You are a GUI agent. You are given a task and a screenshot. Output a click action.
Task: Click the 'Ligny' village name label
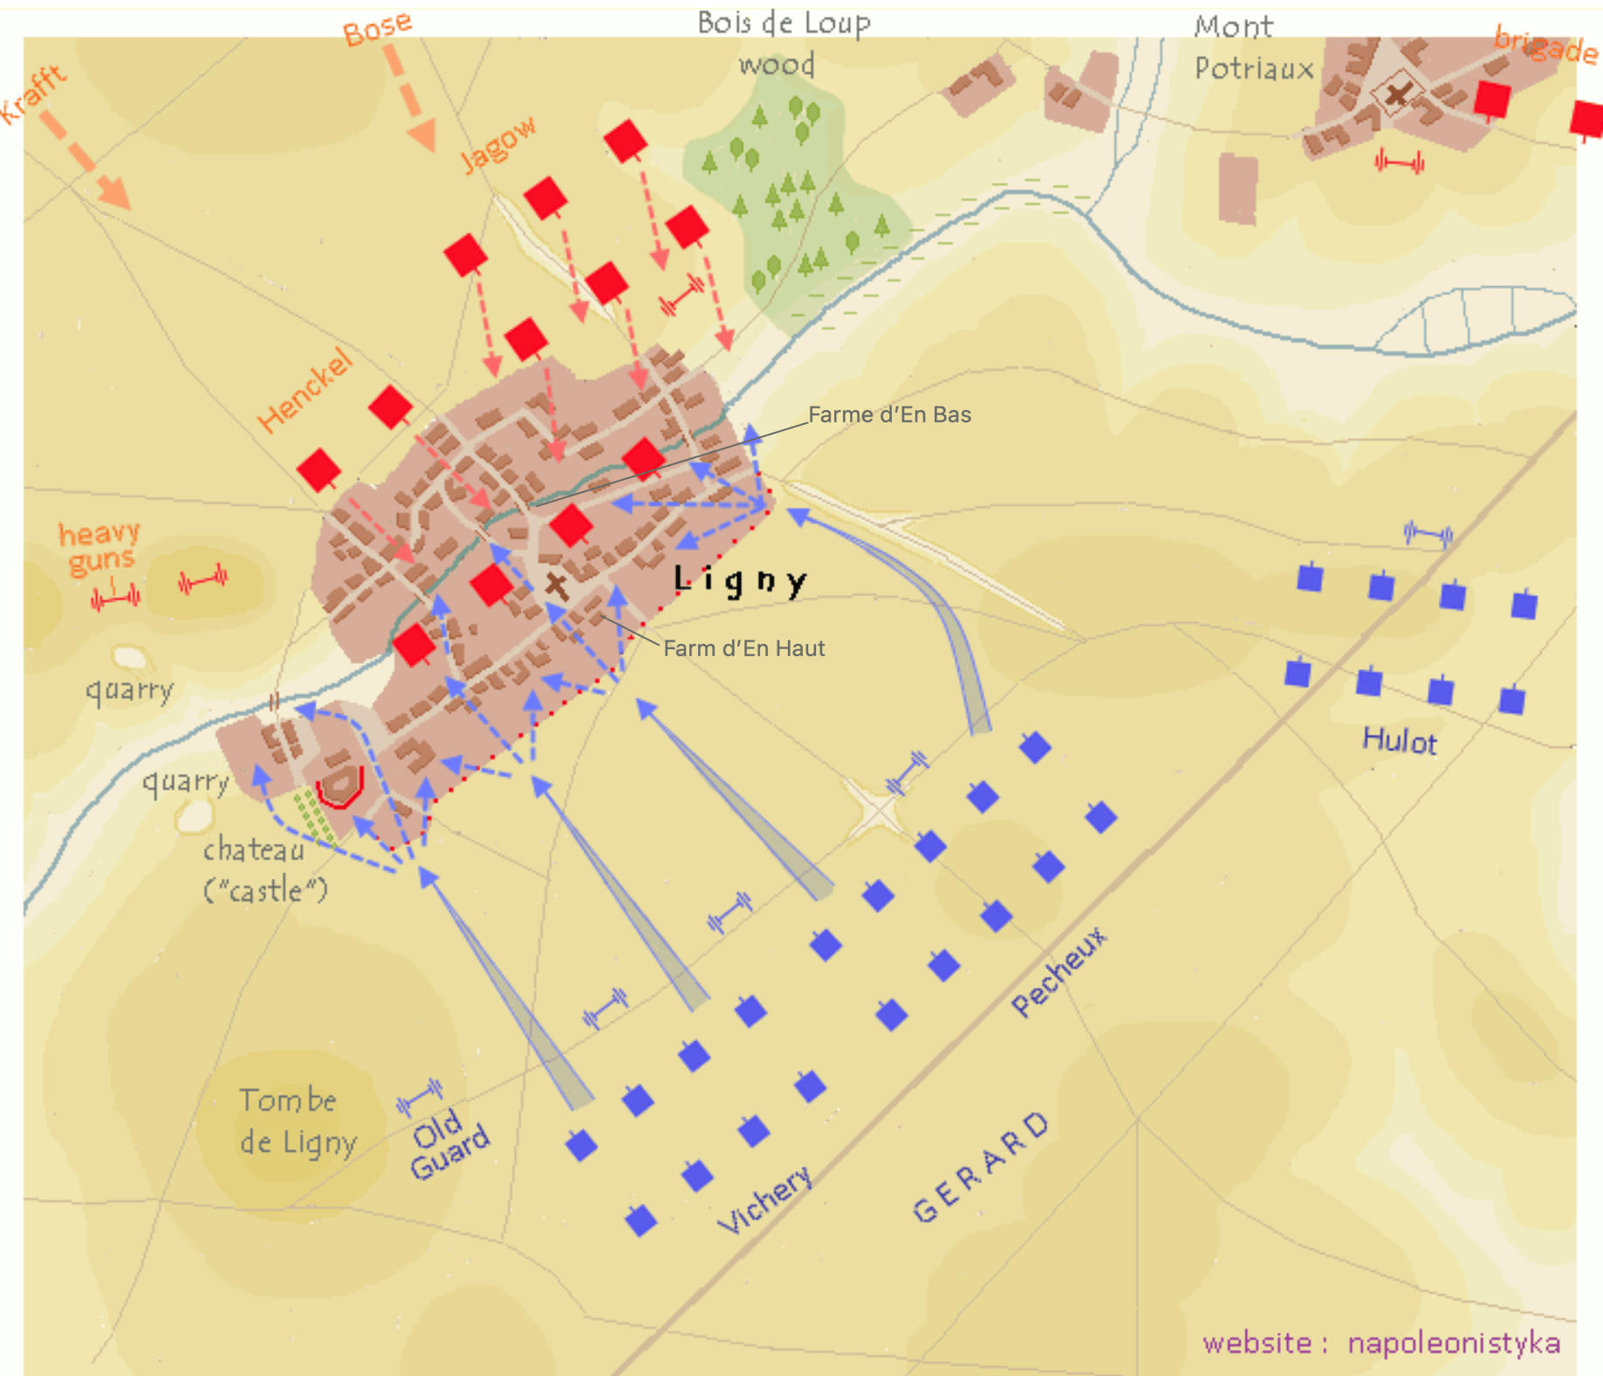coord(740,580)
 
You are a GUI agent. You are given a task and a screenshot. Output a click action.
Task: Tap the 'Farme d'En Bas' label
coord(888,414)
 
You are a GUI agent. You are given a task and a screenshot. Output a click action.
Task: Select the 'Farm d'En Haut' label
coord(743,648)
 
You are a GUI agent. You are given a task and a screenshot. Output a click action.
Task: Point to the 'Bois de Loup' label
coord(783,24)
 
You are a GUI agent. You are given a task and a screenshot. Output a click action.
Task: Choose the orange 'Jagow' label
coord(497,144)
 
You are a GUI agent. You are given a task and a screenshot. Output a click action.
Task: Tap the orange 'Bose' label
coord(377,28)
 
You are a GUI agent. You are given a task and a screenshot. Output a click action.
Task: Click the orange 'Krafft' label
coord(33,94)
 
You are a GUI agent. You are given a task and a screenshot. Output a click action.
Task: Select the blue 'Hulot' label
coord(1399,741)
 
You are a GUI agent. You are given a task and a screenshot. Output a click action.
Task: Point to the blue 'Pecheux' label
coord(1058,971)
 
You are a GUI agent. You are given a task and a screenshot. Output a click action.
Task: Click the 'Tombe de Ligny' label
coord(298,1121)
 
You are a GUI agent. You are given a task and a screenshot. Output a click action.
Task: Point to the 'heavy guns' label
coord(99,547)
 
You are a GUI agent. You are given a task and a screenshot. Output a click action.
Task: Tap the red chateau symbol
coord(339,785)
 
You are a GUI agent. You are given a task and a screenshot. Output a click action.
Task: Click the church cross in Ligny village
coord(556,584)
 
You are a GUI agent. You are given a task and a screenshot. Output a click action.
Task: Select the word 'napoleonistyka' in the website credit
coord(1453,1343)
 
